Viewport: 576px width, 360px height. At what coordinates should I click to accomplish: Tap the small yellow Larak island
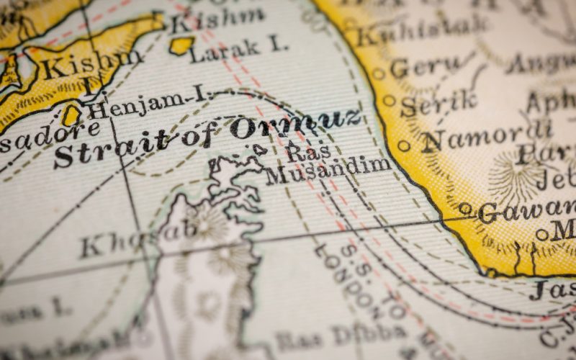pos(181,45)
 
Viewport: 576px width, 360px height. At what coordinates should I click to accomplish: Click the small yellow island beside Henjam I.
pos(71,115)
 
